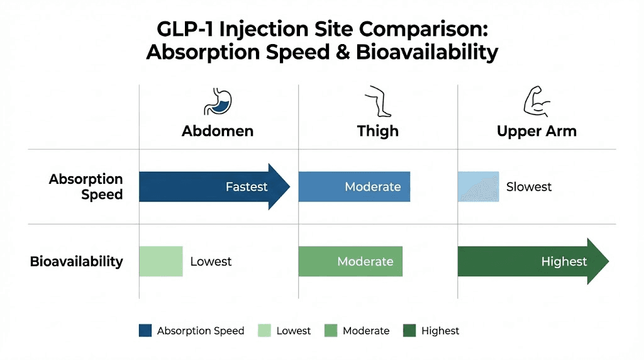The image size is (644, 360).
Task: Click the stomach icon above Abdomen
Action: click(x=218, y=102)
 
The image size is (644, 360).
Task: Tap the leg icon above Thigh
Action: click(x=378, y=102)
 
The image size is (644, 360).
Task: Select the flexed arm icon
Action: click(x=536, y=102)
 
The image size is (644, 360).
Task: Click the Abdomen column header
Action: click(x=218, y=131)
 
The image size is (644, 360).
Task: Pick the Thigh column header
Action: click(x=378, y=131)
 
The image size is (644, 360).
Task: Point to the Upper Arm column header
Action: click(x=536, y=131)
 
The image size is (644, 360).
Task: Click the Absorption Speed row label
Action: click(x=86, y=187)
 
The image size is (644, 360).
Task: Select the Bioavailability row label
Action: click(x=76, y=261)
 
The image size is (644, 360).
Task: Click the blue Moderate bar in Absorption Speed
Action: click(x=354, y=187)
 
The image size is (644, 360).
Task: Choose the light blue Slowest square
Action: click(x=478, y=187)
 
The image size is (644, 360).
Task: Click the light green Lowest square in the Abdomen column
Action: click(x=161, y=261)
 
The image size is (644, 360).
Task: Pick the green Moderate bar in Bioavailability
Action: click(x=350, y=261)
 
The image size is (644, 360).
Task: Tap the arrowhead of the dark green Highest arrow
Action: click(x=597, y=261)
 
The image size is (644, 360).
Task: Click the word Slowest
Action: click(x=529, y=187)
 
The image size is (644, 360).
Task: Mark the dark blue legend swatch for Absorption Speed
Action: click(x=145, y=330)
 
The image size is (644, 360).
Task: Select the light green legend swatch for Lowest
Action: click(x=264, y=330)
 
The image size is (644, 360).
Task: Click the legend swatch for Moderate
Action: click(x=331, y=330)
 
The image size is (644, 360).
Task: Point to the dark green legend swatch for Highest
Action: click(x=409, y=330)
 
